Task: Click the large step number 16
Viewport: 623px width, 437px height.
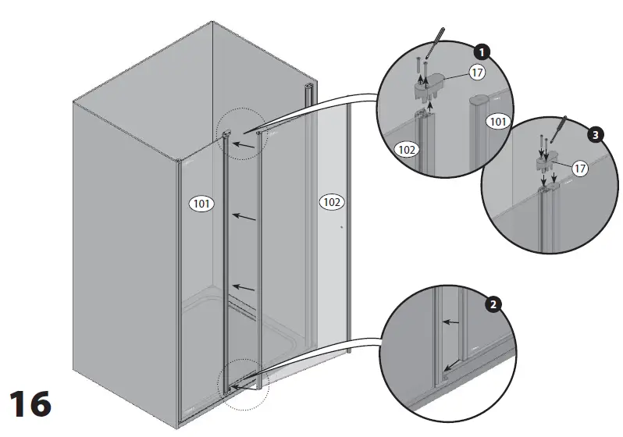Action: pyautogui.click(x=30, y=403)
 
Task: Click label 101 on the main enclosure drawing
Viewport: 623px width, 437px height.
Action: pyautogui.click(x=201, y=204)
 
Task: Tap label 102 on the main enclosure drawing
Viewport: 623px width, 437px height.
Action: pyautogui.click(x=331, y=202)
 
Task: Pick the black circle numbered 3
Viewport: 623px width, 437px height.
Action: pyautogui.click(x=596, y=135)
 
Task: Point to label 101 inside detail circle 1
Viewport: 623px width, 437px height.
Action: pyautogui.click(x=497, y=121)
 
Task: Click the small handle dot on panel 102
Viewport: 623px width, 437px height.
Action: pyautogui.click(x=341, y=228)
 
